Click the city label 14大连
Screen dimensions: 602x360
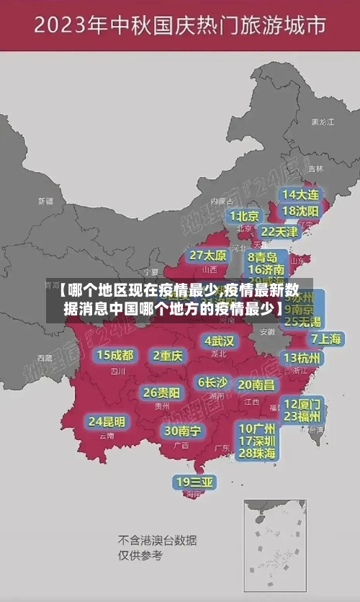click(300, 195)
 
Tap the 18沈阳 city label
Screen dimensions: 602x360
click(300, 211)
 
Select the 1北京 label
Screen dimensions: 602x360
click(245, 216)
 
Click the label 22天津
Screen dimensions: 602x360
click(279, 232)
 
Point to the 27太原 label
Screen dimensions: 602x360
click(208, 256)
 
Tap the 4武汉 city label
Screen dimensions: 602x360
click(219, 341)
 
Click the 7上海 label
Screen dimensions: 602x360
click(325, 338)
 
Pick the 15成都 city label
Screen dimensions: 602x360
click(114, 355)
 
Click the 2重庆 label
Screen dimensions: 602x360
click(168, 356)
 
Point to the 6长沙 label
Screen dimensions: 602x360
click(212, 382)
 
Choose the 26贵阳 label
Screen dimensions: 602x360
click(161, 392)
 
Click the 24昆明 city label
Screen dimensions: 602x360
click(107, 421)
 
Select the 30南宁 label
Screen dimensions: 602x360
click(182, 431)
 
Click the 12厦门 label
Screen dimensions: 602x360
click(302, 403)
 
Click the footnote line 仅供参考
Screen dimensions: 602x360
click(140, 555)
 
